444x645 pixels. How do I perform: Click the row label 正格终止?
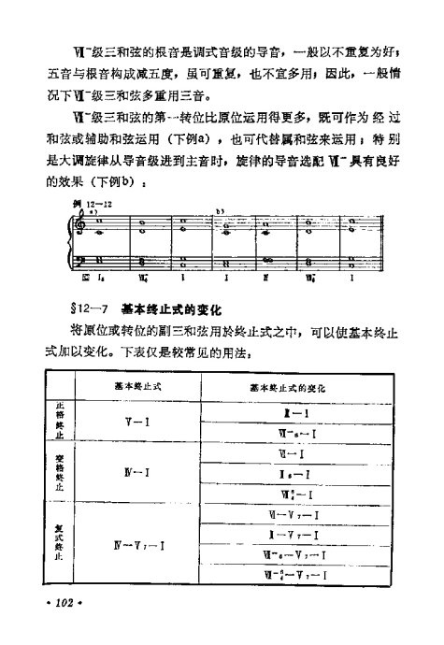click(61, 424)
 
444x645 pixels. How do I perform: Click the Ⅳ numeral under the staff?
click(267, 277)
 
